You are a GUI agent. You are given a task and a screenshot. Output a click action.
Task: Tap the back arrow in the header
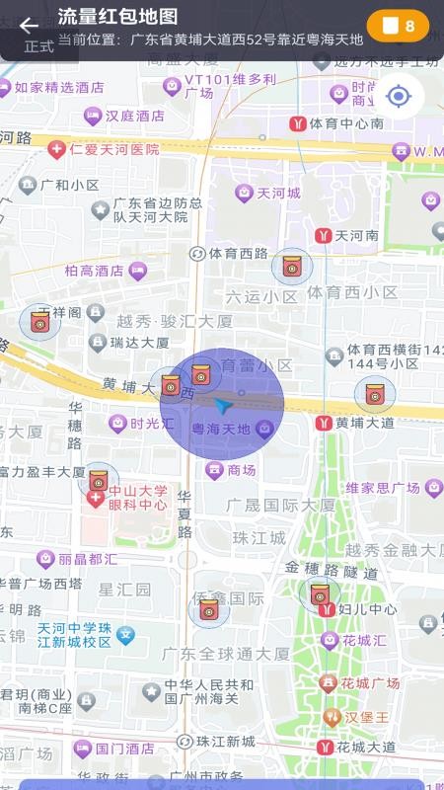(x=29, y=26)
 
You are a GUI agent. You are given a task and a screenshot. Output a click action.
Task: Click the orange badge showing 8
(x=398, y=26)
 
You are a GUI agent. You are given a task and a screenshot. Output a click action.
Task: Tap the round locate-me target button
(x=399, y=96)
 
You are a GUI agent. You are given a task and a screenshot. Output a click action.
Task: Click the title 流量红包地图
(x=118, y=17)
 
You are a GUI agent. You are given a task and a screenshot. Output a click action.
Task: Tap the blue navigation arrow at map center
(x=224, y=405)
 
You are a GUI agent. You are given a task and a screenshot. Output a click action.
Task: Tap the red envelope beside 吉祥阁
(x=40, y=321)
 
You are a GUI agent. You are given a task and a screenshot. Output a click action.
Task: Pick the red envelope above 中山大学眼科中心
(x=98, y=481)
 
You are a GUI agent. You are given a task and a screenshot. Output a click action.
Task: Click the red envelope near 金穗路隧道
(x=319, y=593)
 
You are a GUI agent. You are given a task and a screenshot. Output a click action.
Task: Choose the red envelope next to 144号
(x=374, y=394)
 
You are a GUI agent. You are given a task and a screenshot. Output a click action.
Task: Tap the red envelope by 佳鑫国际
(x=208, y=610)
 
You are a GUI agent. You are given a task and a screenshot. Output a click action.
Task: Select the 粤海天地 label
(x=220, y=430)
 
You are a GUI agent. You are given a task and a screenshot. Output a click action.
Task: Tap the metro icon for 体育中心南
(x=297, y=123)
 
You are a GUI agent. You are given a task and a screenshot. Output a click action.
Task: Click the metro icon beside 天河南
(x=323, y=236)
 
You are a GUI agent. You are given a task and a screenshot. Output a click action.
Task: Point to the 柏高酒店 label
(x=94, y=271)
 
